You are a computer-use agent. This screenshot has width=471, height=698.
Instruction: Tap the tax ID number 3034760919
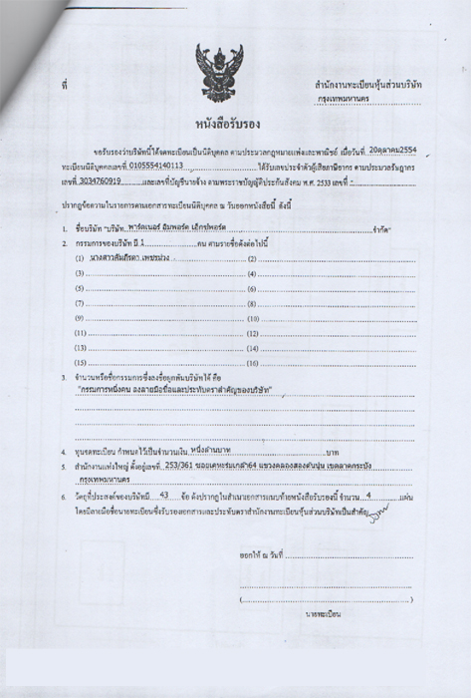coord(97,182)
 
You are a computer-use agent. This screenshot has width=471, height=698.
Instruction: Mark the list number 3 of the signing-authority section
coord(63,379)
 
